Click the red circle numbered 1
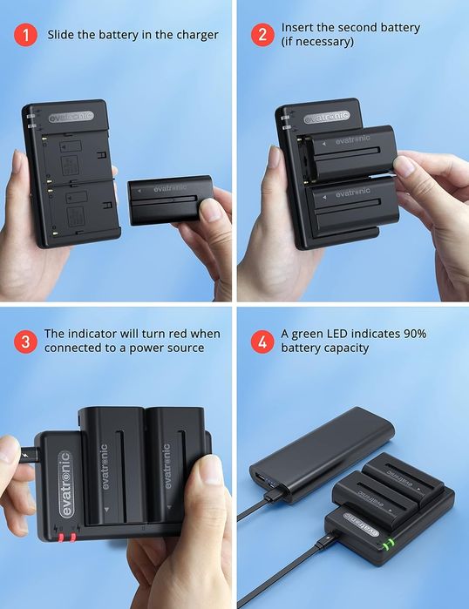pyautogui.click(x=25, y=35)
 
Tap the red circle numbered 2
pyautogui.click(x=262, y=35)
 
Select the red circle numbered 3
pyautogui.click(x=25, y=342)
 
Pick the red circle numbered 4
pyautogui.click(x=262, y=342)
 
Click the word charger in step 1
pyautogui.click(x=197, y=35)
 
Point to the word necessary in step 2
pyautogui.click(x=319, y=42)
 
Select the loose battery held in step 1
pyautogui.click(x=170, y=200)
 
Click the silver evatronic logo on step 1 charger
pyautogui.click(x=71, y=117)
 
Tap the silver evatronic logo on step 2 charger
pyautogui.click(x=327, y=117)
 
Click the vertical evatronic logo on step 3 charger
pyautogui.click(x=65, y=484)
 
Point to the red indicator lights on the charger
pyautogui.click(x=67, y=538)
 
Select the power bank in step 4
pyautogui.click(x=322, y=455)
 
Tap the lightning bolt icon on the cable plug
pyautogui.click(x=26, y=454)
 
